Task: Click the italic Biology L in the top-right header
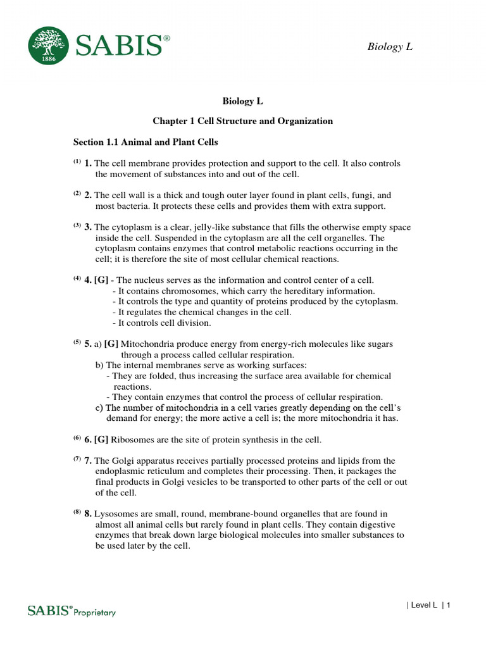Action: click(x=390, y=46)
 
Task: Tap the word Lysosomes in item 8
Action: click(x=115, y=514)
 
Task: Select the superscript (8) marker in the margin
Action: click(x=77, y=513)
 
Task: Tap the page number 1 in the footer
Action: click(x=448, y=606)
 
